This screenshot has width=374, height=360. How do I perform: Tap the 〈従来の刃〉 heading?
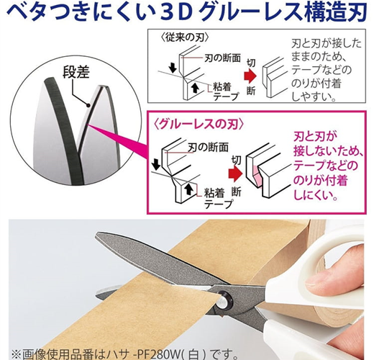pyautogui.click(x=184, y=37)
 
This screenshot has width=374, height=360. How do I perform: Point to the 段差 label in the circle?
pyautogui.click(x=76, y=72)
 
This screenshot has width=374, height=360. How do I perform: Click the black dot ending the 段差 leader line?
pyautogui.click(x=88, y=105)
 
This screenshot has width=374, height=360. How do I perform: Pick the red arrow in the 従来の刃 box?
pyautogui.click(x=250, y=76)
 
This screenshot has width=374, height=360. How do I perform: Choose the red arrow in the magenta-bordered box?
pyautogui.click(x=235, y=174)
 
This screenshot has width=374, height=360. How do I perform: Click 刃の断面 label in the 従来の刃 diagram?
pyautogui.click(x=222, y=58)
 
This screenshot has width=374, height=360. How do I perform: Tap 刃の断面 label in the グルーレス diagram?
pyautogui.click(x=208, y=148)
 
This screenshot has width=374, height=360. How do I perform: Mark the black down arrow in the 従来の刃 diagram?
pyautogui.click(x=173, y=68)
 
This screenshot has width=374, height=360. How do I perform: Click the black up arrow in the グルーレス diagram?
pyautogui.click(x=189, y=189)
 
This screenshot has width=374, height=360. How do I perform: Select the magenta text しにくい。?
pyautogui.click(x=316, y=195)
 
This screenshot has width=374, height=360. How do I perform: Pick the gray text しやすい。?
pyautogui.click(x=314, y=96)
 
